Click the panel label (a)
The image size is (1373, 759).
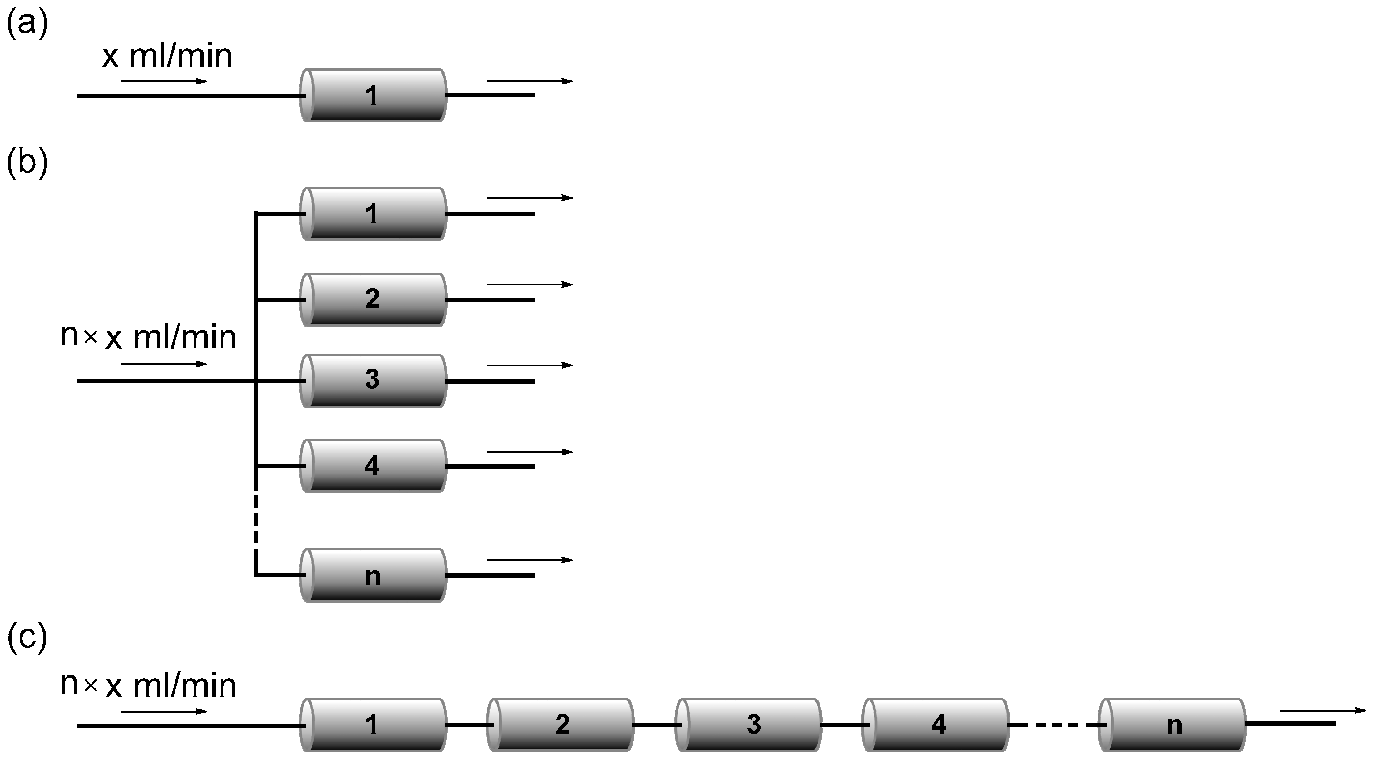click(x=27, y=24)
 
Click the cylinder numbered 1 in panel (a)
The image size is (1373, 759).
click(x=373, y=96)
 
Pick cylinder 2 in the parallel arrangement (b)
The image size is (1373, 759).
click(x=373, y=299)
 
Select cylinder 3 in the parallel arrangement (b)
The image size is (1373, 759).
click(x=373, y=381)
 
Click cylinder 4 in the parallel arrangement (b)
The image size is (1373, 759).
click(x=373, y=465)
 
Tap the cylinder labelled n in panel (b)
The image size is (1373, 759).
click(x=373, y=575)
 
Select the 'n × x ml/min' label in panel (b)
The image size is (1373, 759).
click(x=148, y=337)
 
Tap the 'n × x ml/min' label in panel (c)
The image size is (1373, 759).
click(x=148, y=685)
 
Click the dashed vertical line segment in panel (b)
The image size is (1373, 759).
click(x=256, y=520)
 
